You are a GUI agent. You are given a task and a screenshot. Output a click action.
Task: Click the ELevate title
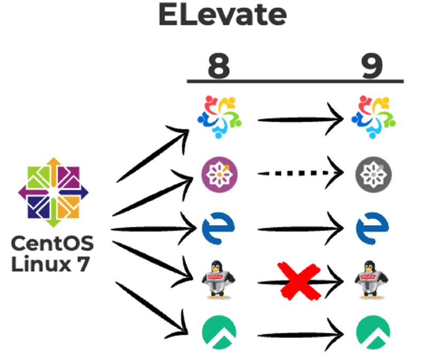coord(222,17)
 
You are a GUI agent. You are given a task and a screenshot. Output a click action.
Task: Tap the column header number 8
coord(218,65)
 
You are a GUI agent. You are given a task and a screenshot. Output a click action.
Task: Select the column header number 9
coord(371,65)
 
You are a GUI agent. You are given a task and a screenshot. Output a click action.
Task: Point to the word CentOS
coord(52,244)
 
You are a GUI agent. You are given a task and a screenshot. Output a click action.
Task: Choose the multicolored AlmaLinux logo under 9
coord(373,116)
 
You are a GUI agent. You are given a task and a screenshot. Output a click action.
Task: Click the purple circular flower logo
coord(220,173)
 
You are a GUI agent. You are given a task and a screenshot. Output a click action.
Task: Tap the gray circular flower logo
coord(373,173)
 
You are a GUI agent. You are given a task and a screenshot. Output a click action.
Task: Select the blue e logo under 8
coord(219,228)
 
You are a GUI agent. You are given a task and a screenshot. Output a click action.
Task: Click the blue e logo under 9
coord(373,228)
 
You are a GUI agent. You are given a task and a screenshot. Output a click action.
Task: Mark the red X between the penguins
coord(298,280)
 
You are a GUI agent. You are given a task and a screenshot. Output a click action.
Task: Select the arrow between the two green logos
coord(300,335)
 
